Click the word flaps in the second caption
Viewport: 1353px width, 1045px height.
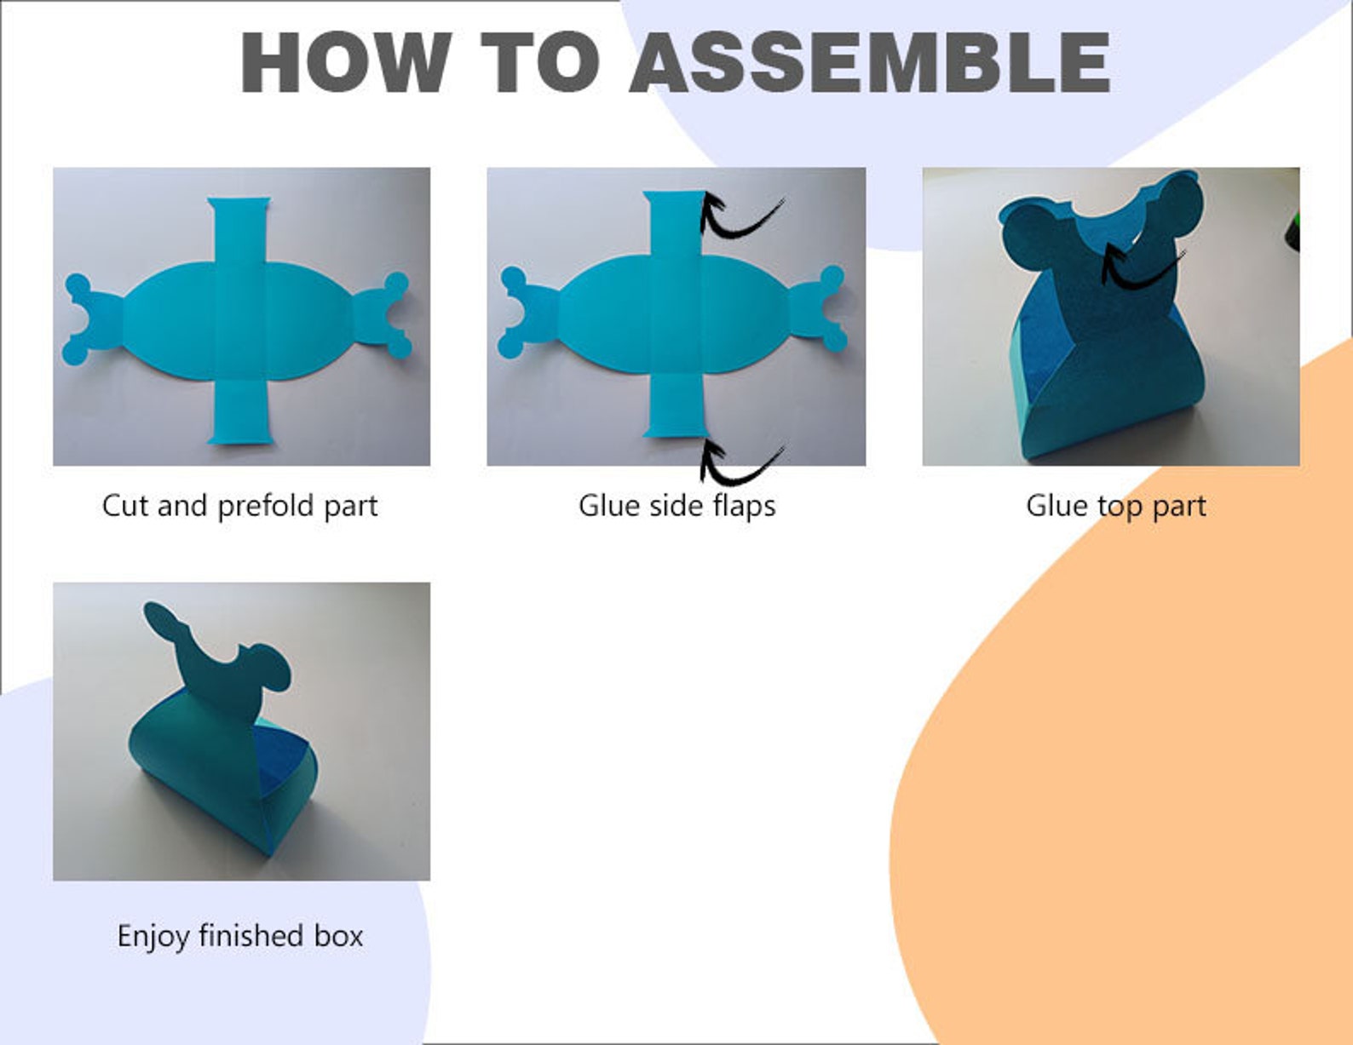coord(744,506)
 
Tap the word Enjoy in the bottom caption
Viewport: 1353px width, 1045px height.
coord(153,936)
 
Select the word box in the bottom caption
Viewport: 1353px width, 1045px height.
coord(338,935)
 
